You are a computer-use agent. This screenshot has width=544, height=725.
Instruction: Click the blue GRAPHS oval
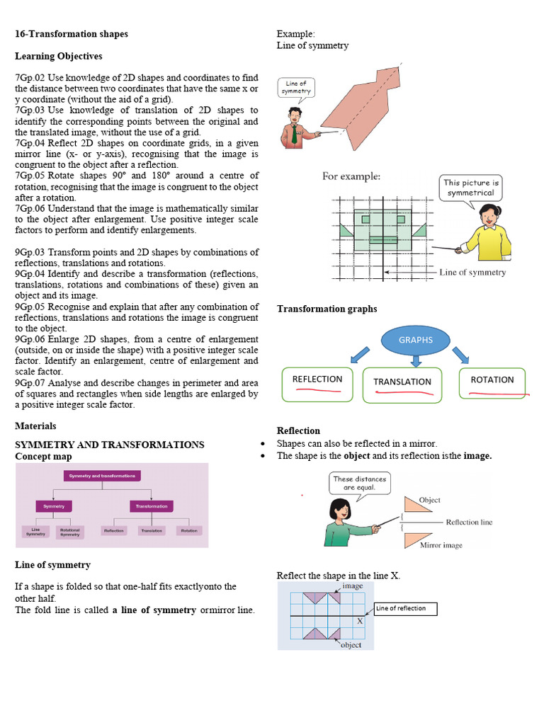point(415,341)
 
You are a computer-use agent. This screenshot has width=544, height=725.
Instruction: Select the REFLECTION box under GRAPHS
point(317,384)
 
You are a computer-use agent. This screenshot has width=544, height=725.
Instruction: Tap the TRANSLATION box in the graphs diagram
point(402,385)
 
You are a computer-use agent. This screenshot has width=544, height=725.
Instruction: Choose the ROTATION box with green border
point(492,383)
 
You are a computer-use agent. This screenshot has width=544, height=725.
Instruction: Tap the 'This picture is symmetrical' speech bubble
point(471,188)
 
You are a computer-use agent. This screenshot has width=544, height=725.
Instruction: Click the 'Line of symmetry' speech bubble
point(295,87)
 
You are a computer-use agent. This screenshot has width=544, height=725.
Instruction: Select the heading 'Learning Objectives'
point(59,56)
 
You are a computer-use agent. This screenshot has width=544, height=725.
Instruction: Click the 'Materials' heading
point(35,426)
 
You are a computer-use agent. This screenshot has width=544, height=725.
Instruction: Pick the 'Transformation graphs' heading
point(327,309)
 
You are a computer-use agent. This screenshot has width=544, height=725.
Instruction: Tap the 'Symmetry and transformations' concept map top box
point(103,476)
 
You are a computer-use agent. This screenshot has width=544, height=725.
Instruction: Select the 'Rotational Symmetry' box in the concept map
point(69,531)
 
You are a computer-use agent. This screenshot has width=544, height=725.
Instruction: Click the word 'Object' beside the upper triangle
point(429,501)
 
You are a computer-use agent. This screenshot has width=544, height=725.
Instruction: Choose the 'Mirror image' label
point(441,546)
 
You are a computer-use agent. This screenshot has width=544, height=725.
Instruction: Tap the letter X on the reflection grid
point(360,620)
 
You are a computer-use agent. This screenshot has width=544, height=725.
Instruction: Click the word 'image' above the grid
point(352,587)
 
